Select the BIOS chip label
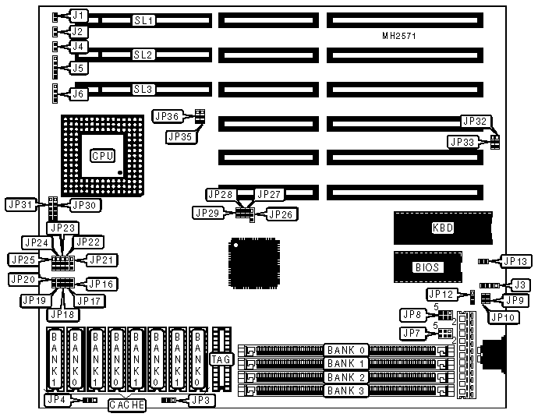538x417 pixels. [427, 267]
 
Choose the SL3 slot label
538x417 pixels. [143, 90]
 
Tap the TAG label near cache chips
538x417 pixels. [220, 359]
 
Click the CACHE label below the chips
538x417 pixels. [126, 405]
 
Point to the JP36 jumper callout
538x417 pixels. [168, 115]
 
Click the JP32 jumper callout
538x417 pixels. [476, 122]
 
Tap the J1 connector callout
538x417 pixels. [79, 16]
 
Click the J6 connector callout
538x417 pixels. [79, 94]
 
